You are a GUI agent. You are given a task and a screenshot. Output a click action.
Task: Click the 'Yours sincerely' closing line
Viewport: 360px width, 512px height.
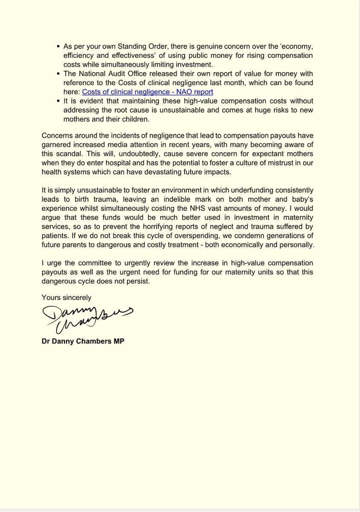(67, 297)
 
